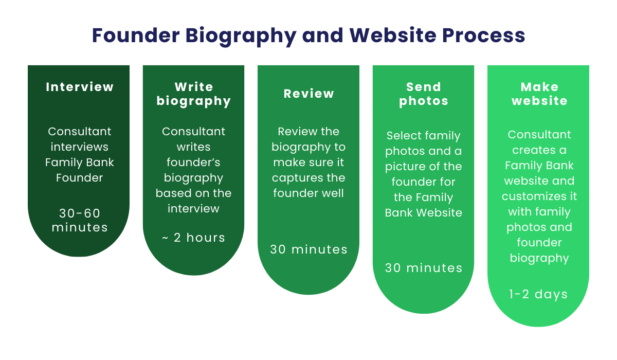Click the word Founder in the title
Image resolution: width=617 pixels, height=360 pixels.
(x=134, y=35)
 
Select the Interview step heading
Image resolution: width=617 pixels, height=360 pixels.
(x=80, y=87)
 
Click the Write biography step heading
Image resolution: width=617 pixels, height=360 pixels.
(x=194, y=94)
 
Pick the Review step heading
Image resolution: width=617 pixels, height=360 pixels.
(x=309, y=94)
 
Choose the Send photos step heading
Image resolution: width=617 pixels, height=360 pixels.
(x=424, y=94)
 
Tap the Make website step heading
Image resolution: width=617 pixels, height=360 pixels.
(x=539, y=94)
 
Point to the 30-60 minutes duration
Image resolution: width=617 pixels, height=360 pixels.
(x=80, y=220)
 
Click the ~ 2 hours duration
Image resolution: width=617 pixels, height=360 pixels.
(x=194, y=238)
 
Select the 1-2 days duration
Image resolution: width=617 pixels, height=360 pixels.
(x=539, y=294)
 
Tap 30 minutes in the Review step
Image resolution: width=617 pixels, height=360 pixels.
(x=309, y=249)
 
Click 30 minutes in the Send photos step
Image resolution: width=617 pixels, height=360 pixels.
(x=424, y=268)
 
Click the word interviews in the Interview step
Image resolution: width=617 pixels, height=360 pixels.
(x=80, y=147)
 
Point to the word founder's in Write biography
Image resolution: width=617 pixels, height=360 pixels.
(x=194, y=163)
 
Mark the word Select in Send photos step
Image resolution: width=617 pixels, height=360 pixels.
(x=404, y=136)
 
